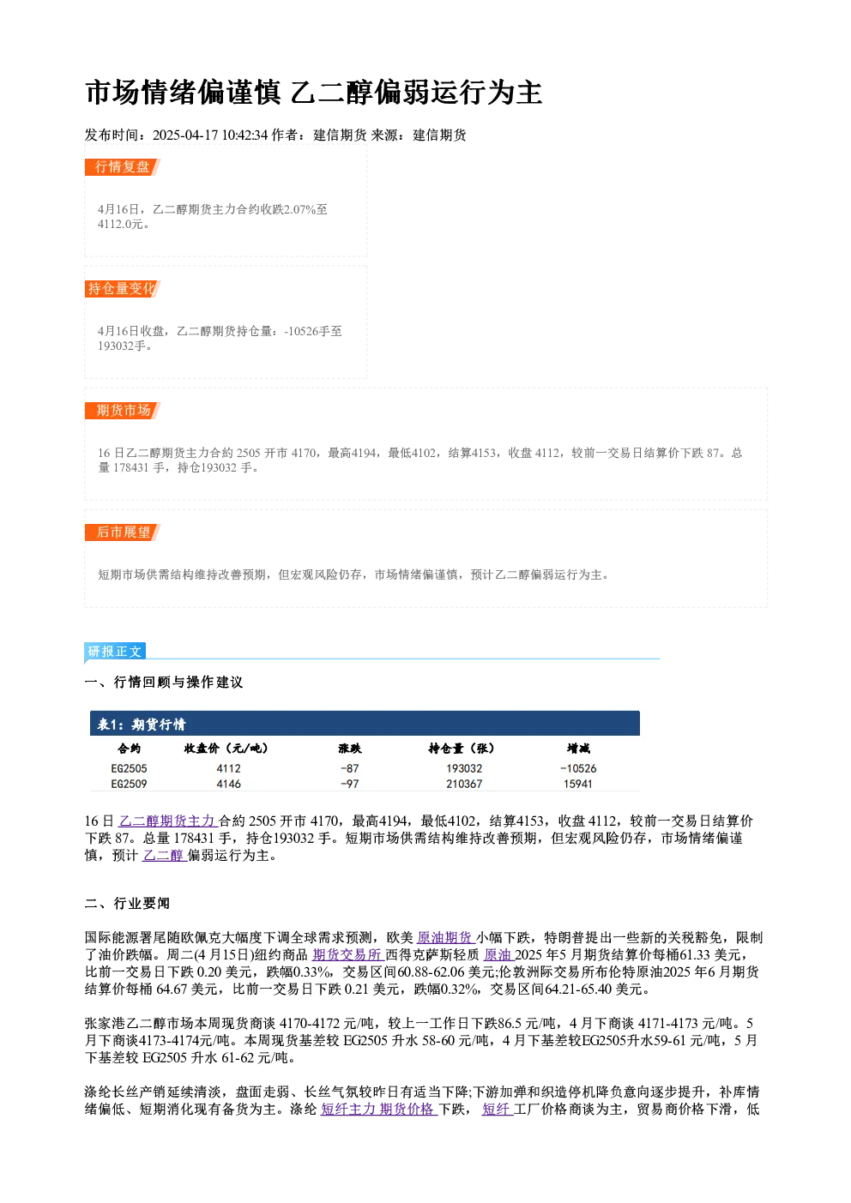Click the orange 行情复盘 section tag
coord(122,167)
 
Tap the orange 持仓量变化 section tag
coord(122,289)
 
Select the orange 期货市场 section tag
coord(122,411)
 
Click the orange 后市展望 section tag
coord(122,532)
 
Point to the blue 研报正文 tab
coord(115,652)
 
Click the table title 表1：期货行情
coord(142,725)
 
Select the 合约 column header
coord(129,749)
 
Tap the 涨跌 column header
coord(350,749)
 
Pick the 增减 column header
coord(578,749)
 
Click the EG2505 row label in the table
coord(129,769)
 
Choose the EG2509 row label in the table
coord(129,784)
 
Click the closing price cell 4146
coord(229,784)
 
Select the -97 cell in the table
coord(350,784)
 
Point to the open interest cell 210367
coord(464,784)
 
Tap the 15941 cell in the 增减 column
coord(578,784)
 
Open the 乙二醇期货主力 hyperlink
coord(166,821)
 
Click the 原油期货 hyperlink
coord(444,938)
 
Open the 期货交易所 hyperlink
coord(347,955)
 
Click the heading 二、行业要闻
coord(127,904)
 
